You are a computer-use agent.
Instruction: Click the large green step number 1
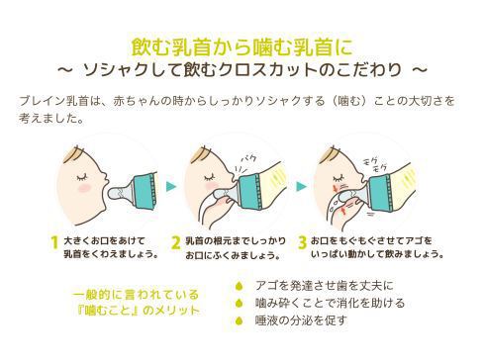tap(54, 243)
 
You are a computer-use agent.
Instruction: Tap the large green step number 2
tap(176, 243)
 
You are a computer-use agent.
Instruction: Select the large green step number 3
tap(302, 243)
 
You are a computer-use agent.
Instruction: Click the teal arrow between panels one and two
tap(171, 186)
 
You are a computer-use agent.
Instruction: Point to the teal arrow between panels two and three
tap(301, 186)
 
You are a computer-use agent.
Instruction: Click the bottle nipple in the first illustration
tap(120, 193)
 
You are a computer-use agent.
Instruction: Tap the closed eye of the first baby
tap(83, 177)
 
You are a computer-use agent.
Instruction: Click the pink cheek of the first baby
tap(83, 188)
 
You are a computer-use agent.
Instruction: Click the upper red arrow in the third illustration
tap(336, 189)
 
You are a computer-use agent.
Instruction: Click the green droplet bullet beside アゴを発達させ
tap(239, 286)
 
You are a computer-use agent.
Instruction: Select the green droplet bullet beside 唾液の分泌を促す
tap(239, 320)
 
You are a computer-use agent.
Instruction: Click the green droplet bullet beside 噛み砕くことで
tap(239, 303)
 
